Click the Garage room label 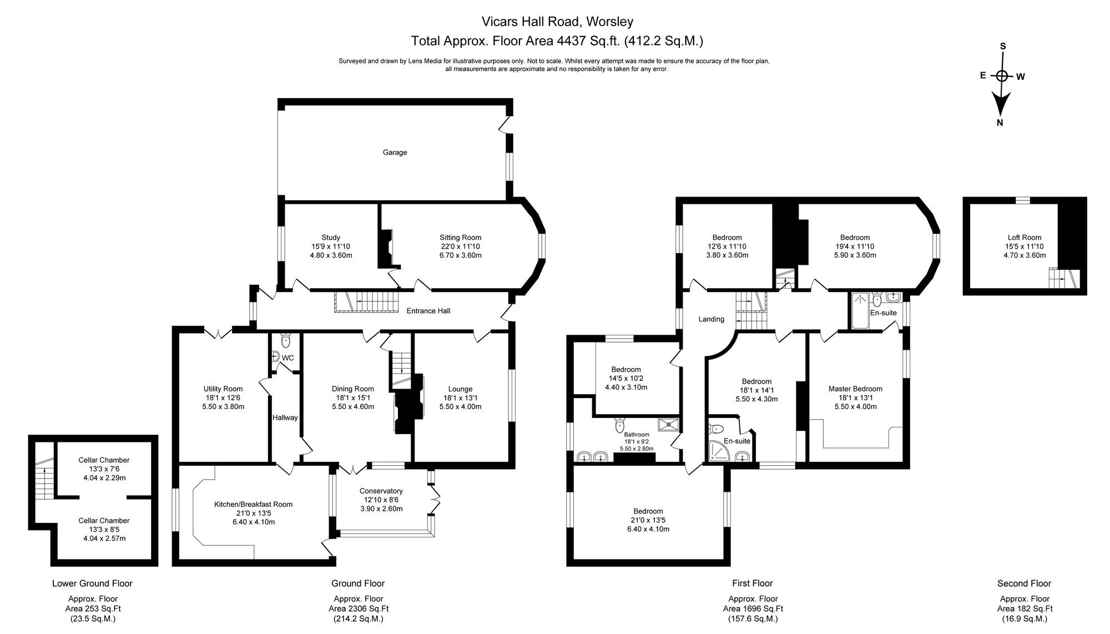click(395, 152)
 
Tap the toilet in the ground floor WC click(285, 340)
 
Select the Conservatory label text click(381, 491)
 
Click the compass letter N click(1000, 123)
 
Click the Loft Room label click(1025, 238)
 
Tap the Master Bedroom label click(855, 389)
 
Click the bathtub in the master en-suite click(859, 311)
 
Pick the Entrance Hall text click(428, 311)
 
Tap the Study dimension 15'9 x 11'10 click(331, 246)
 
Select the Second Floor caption click(1024, 583)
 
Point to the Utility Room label click(223, 389)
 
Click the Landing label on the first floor click(711, 319)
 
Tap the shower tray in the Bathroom click(669, 425)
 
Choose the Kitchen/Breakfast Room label click(253, 504)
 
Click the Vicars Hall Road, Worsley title click(557, 22)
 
